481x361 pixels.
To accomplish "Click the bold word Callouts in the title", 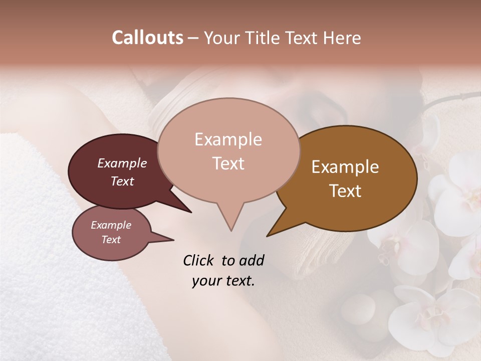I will (147, 38).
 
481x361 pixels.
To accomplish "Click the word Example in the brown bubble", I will (345, 167).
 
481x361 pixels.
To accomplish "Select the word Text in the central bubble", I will (228, 163).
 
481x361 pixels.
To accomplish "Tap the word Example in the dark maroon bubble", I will (122, 163).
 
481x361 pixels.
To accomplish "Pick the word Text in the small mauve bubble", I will (111, 240).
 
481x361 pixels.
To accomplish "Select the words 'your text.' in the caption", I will (223, 281).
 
